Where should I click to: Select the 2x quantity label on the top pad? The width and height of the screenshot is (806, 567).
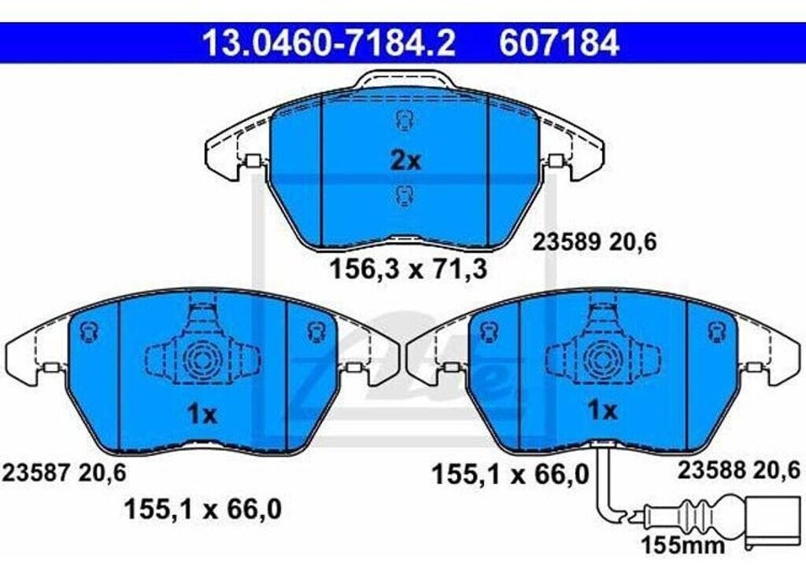tap(406, 161)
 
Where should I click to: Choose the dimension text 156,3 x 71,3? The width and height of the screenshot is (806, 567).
tap(407, 270)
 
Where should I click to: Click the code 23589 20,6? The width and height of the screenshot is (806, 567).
tap(595, 243)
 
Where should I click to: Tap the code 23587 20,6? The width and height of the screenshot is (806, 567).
tap(65, 472)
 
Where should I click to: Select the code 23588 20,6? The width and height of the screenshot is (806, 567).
tap(739, 470)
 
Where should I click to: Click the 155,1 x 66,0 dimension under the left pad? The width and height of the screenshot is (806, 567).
tap(202, 510)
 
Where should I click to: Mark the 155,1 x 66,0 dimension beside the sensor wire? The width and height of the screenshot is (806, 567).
tap(509, 474)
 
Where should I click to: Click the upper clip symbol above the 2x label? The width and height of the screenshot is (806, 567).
tap(405, 120)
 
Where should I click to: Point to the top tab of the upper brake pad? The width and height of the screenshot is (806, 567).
tap(405, 79)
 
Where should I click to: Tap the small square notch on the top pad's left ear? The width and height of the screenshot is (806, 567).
tap(253, 162)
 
